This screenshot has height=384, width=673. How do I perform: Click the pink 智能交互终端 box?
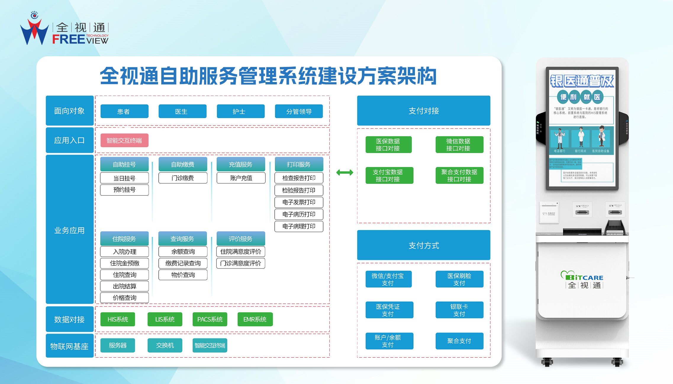point(124,140)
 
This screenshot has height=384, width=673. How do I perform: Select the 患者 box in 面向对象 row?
point(124,111)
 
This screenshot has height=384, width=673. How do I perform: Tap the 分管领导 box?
point(299,111)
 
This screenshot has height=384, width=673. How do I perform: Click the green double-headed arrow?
point(344,172)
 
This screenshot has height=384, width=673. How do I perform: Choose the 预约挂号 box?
point(124,190)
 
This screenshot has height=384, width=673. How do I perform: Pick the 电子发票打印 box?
point(299,202)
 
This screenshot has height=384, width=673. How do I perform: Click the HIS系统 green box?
point(117,319)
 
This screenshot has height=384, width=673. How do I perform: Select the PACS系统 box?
point(210,319)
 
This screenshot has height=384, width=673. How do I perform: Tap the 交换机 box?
point(165,345)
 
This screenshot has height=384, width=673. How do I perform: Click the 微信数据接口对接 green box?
point(459,144)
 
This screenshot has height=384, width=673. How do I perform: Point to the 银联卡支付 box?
point(459,310)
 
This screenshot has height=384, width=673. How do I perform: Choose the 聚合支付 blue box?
point(459,341)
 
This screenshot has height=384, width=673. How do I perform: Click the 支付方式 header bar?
point(424,245)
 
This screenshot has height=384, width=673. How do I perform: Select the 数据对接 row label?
point(70,319)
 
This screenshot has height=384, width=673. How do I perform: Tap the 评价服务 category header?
point(241,239)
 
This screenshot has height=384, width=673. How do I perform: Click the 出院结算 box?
point(124,286)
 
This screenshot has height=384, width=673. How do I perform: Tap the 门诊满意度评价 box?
point(241,263)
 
